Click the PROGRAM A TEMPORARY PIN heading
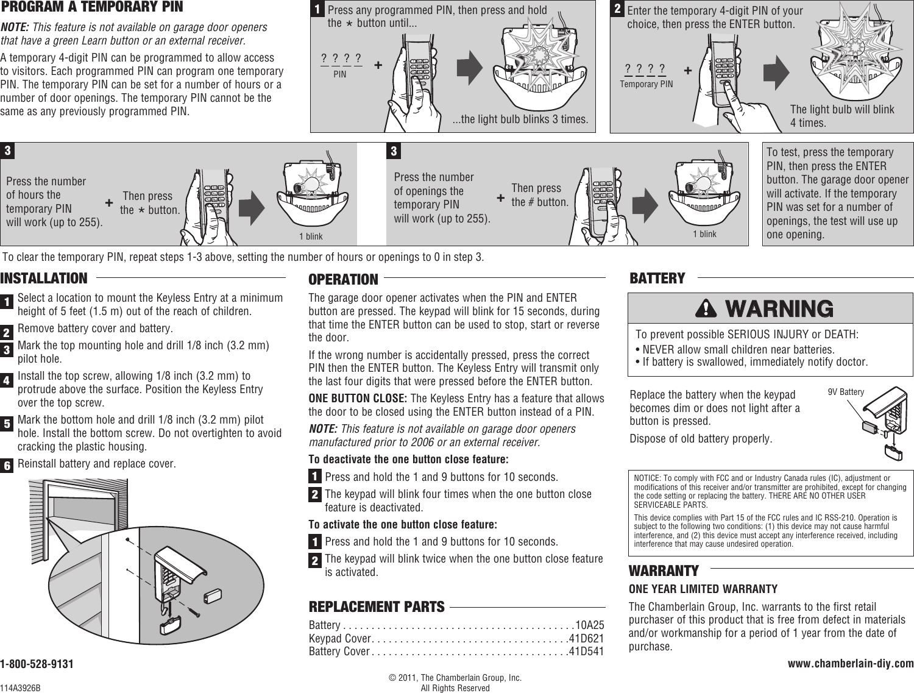[91, 8]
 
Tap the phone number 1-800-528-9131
[37, 664]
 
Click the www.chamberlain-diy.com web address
[851, 663]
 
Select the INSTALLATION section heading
[44, 279]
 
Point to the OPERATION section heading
[343, 280]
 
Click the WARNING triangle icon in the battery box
[707, 309]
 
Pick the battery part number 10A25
[590, 625]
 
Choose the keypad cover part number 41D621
[586, 639]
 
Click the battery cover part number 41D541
[586, 652]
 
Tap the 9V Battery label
[846, 392]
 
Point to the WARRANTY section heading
[664, 571]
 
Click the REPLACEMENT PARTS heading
[377, 607]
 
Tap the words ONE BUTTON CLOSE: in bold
[358, 399]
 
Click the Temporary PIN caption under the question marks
[647, 84]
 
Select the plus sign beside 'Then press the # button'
[501, 198]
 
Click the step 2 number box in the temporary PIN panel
[617, 9]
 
